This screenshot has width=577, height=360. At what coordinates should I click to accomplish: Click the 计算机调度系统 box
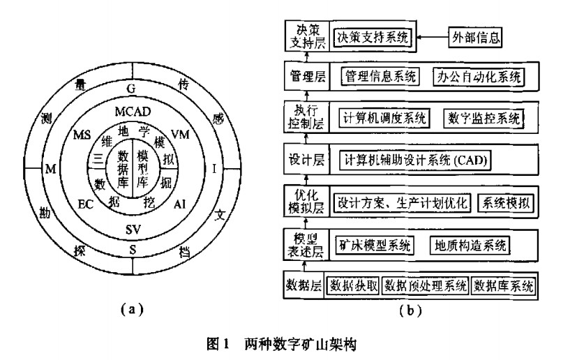[384, 118]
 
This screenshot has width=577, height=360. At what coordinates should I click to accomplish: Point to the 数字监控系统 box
[483, 118]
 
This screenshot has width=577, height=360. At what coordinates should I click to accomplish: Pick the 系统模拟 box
[504, 203]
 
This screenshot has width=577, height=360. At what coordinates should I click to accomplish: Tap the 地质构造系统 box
[472, 245]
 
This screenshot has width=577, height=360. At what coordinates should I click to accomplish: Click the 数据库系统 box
[504, 286]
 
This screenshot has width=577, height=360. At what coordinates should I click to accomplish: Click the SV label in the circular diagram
[133, 229]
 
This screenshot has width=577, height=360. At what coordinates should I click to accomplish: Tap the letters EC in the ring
[85, 204]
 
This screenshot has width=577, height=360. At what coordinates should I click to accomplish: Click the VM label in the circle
[179, 133]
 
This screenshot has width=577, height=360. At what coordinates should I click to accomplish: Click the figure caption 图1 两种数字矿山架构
[281, 344]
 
